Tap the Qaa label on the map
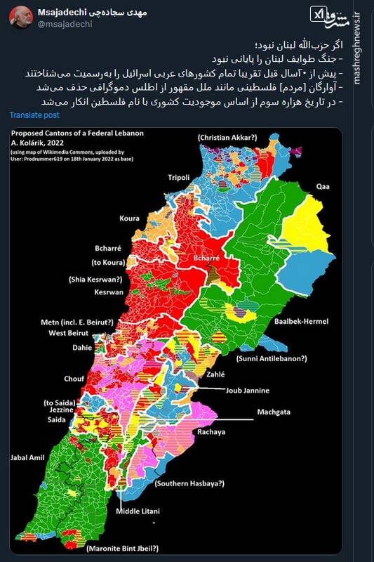tap(322, 186)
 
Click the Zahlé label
tap(215, 374)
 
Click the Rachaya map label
tap(211, 432)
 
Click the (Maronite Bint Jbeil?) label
tap(123, 548)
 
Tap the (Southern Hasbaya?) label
tap(189, 484)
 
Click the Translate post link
tap(34, 115)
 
